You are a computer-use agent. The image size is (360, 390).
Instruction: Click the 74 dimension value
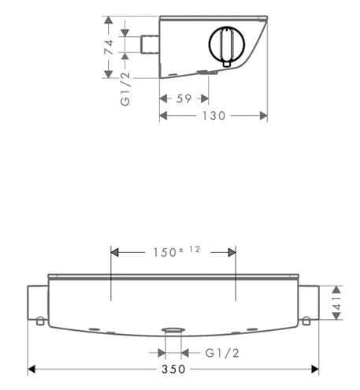click(x=109, y=47)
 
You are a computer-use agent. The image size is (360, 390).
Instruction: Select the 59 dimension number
click(x=184, y=98)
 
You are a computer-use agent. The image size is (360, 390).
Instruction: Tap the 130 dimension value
click(x=214, y=116)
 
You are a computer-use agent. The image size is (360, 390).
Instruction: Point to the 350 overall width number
click(x=173, y=369)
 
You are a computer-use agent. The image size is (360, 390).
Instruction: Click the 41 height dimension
click(x=336, y=303)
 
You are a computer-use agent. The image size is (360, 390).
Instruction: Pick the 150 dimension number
click(x=165, y=253)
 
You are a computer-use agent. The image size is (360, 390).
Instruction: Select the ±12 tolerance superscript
click(x=189, y=249)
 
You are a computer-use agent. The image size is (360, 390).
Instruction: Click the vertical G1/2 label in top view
click(x=125, y=89)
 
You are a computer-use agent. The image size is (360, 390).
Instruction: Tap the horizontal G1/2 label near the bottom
click(x=222, y=353)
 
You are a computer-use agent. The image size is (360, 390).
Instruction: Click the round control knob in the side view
click(x=227, y=44)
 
